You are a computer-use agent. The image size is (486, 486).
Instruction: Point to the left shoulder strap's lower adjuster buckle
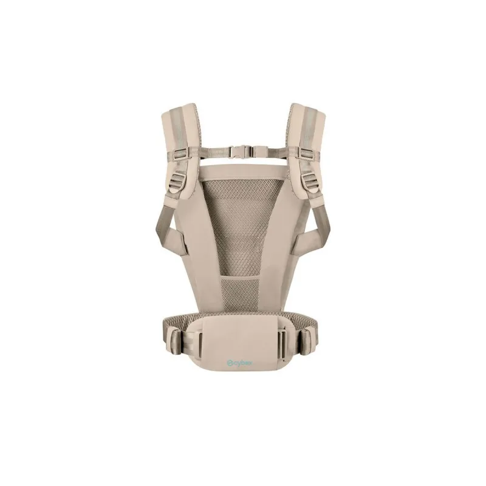click(x=176, y=180)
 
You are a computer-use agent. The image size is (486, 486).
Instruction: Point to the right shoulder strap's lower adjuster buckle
click(x=309, y=180)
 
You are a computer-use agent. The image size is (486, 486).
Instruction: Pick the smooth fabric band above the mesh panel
click(x=242, y=173)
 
